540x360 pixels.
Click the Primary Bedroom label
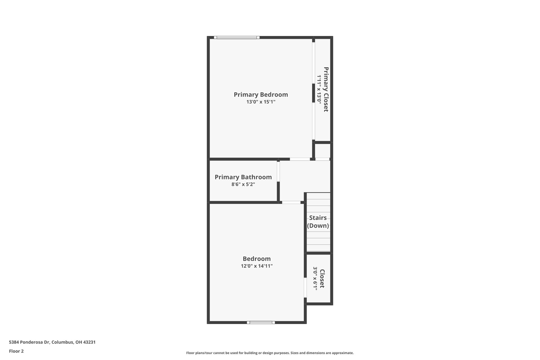pos(261,94)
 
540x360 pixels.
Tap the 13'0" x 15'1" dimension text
pos(261,102)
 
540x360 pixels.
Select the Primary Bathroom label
pos(243,177)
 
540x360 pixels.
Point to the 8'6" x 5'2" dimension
pos(243,184)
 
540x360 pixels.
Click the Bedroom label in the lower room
pos(256,259)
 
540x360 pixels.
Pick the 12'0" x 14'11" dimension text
pos(256,266)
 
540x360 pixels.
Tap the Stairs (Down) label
pos(318,222)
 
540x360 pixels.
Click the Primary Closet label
pos(326,89)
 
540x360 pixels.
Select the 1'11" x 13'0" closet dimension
pos(319,89)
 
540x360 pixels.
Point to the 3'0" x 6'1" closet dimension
pos(315,278)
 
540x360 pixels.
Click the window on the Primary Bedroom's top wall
pos(237,37)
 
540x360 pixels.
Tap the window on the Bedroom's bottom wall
pos(261,322)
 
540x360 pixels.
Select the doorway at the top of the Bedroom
pos(291,202)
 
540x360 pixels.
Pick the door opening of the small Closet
pos(305,287)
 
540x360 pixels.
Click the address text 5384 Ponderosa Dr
pos(52,342)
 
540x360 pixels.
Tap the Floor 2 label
pos(16,351)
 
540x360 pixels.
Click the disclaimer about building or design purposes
pos(270,353)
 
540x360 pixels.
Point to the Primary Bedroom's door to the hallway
pos(300,159)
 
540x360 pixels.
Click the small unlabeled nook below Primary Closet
pos(322,151)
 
